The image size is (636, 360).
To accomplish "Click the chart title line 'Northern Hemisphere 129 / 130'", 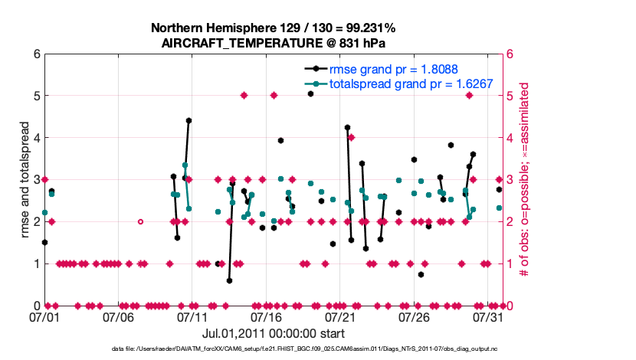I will point(273,28).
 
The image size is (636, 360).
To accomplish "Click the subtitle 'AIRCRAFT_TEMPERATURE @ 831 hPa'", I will point(273,43).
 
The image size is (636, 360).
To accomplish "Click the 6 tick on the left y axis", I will point(36,54).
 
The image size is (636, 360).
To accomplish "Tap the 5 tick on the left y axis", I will point(36,96).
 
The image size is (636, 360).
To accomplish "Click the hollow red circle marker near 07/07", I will point(140,221).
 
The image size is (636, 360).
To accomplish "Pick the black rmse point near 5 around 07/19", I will point(310,93).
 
